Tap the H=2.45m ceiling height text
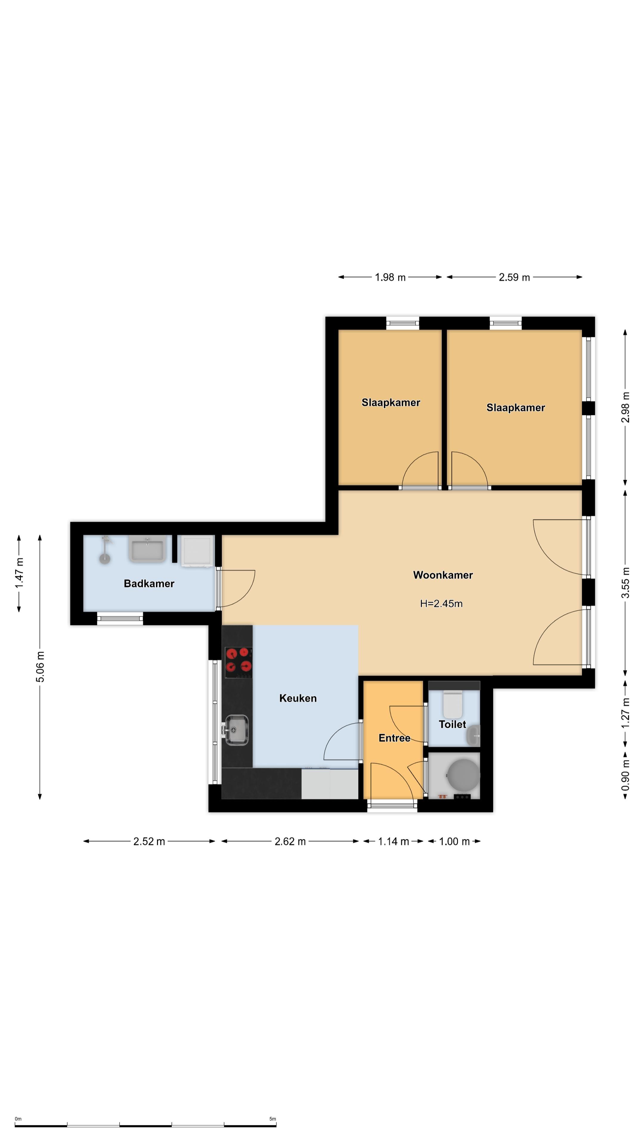click(441, 604)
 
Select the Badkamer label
click(149, 584)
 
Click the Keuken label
click(298, 698)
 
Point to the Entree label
click(394, 738)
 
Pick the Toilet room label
click(453, 725)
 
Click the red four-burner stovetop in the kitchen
click(239, 662)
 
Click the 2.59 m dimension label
click(514, 277)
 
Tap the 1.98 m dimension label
click(390, 277)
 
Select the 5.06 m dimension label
click(40, 667)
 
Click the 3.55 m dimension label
click(625, 582)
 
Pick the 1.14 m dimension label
click(393, 841)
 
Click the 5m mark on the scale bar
click(273, 1119)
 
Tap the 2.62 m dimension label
click(290, 841)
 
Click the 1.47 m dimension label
click(19, 573)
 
